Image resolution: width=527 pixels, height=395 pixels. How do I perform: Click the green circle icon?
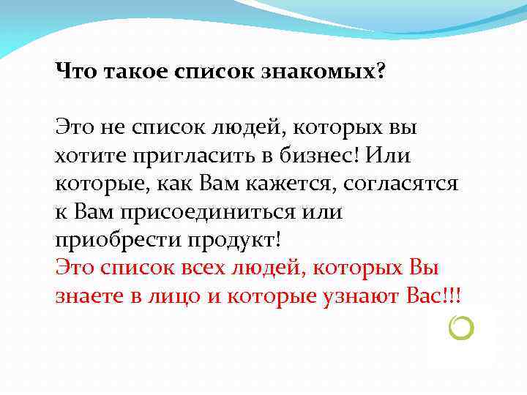click(x=463, y=328)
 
